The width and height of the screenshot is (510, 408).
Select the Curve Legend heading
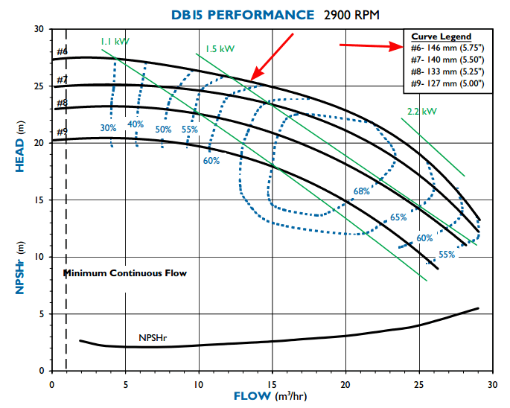(442, 36)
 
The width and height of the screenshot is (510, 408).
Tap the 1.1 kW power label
(115, 42)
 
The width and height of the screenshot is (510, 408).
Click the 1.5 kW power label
(220, 49)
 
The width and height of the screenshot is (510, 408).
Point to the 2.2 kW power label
(421, 112)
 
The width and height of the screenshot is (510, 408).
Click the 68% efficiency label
(362, 191)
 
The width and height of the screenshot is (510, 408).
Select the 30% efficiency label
(109, 128)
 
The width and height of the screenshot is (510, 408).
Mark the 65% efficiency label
(398, 218)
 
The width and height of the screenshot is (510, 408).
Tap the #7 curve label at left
(62, 80)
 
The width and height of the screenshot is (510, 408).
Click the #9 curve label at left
(62, 133)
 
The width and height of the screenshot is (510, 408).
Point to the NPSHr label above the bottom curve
(153, 338)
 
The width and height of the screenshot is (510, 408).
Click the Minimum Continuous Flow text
(124, 273)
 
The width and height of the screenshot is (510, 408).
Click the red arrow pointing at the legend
(369, 46)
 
